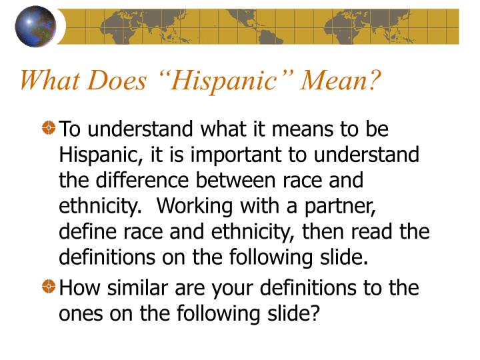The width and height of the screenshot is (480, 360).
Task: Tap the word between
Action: (x=255, y=180)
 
